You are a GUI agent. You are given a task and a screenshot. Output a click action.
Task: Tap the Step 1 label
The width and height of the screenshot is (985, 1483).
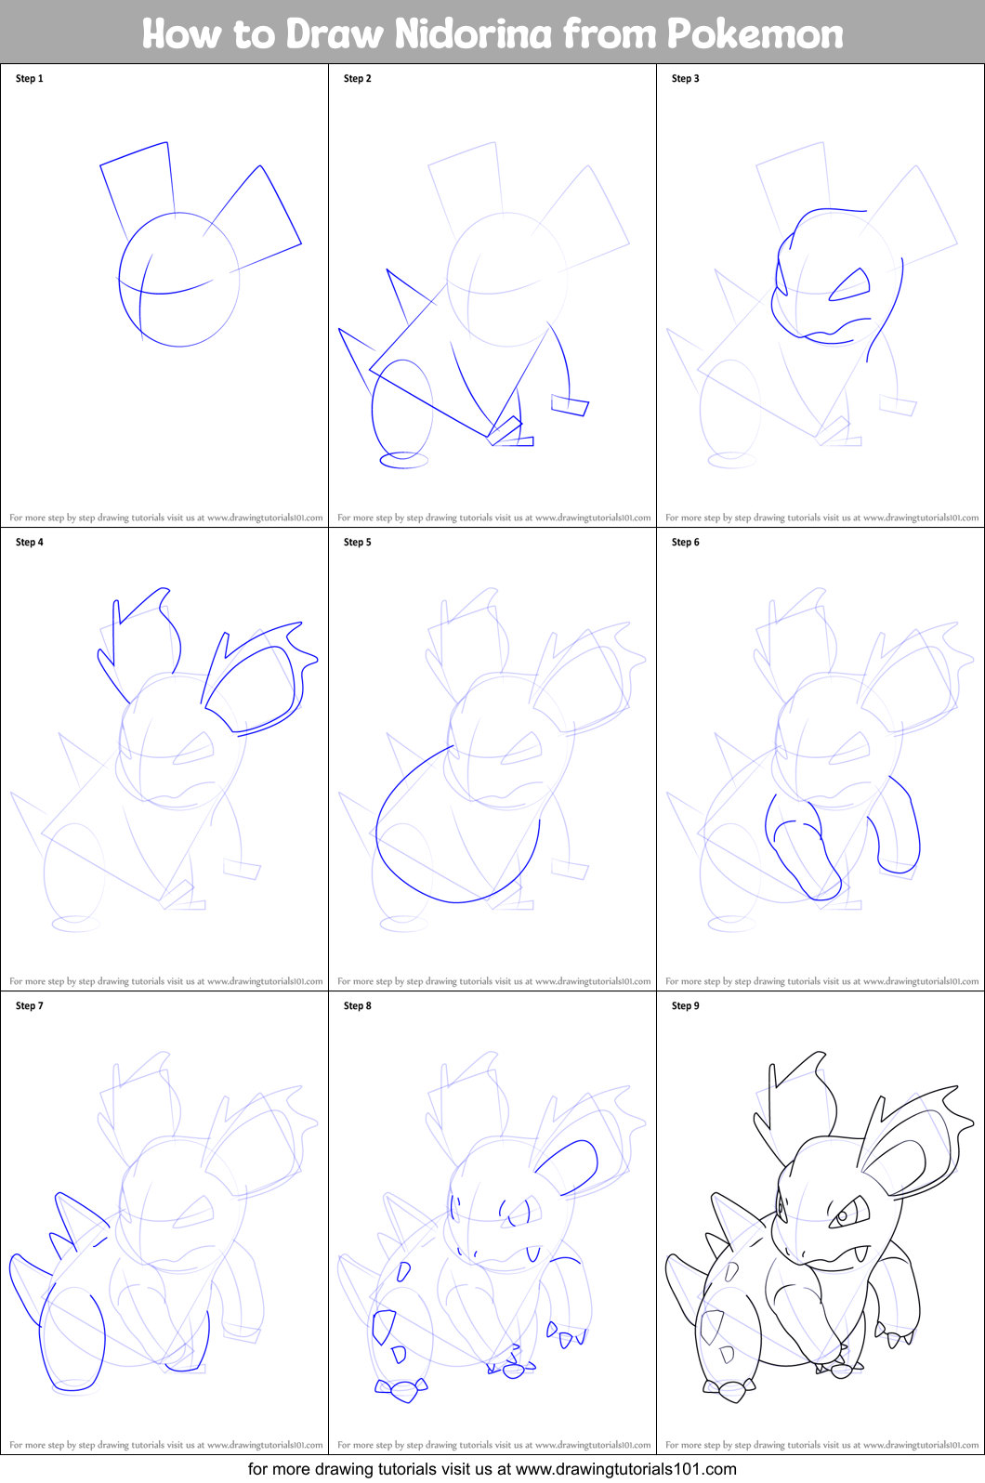[30, 79]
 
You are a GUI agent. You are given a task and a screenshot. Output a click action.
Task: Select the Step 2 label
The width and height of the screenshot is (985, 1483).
[358, 79]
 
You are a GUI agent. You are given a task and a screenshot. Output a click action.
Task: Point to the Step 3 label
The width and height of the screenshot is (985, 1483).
[686, 79]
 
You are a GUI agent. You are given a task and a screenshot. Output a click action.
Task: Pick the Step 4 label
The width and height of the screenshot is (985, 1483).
[30, 543]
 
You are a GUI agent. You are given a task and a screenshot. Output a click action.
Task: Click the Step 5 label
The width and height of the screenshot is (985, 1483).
[358, 543]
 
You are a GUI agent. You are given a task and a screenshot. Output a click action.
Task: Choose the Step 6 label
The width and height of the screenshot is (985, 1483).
[686, 543]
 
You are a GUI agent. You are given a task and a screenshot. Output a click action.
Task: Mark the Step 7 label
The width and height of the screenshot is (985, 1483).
[30, 1006]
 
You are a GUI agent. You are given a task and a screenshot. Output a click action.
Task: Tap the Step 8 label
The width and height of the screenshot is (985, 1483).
[358, 1006]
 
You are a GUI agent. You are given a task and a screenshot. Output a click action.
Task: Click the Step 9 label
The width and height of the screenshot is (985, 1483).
[686, 1006]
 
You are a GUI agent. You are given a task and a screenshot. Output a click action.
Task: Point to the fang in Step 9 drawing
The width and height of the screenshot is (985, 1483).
[860, 1254]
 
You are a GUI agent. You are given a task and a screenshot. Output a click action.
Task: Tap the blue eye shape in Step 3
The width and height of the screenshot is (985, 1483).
[849, 286]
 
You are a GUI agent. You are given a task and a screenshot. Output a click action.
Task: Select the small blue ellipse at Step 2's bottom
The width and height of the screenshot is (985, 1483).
[403, 459]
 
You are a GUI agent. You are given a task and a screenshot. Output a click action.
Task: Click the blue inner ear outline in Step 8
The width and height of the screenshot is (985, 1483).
[569, 1167]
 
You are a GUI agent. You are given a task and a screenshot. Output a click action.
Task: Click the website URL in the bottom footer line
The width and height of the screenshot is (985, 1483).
[625, 1469]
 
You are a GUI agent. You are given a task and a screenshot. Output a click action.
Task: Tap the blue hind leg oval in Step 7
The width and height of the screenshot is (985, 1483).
[72, 1341]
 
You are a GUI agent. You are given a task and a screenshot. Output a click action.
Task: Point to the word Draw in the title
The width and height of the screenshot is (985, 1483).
[335, 33]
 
